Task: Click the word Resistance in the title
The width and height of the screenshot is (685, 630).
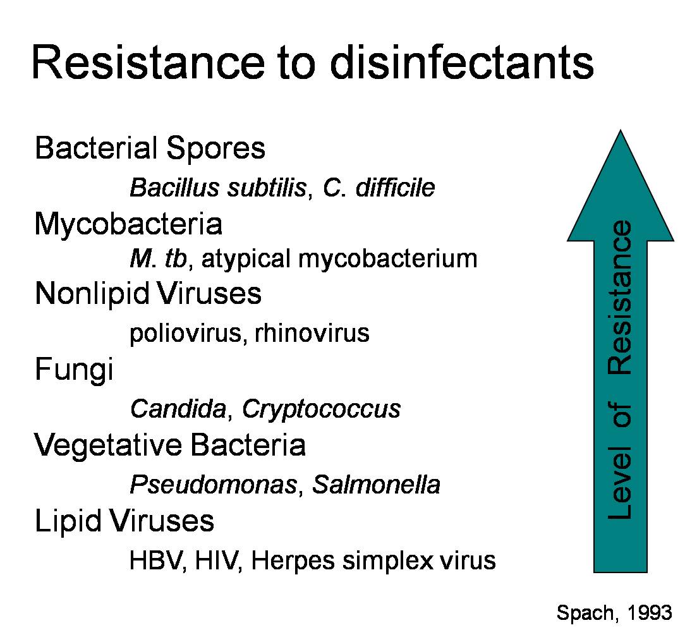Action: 148,62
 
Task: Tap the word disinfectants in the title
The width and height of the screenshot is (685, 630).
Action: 462,62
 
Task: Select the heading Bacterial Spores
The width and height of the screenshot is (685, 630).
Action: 150,148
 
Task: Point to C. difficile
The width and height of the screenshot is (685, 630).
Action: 379,188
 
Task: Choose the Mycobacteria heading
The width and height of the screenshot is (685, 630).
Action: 128,224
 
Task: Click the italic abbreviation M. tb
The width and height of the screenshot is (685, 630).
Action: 159,258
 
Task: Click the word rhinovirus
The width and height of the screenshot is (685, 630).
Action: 312,333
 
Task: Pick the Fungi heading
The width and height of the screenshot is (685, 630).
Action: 74,370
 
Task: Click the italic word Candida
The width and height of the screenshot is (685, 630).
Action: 178,408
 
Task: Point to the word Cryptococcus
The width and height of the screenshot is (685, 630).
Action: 321,409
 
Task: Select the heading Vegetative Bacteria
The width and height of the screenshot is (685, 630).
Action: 170,445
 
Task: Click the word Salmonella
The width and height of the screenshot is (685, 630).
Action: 376,485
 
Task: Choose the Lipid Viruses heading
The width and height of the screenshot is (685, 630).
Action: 124,521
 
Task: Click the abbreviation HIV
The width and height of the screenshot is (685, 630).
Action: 217,560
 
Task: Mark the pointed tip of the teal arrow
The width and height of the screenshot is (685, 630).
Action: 621,130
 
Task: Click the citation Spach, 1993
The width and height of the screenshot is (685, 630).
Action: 614,612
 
